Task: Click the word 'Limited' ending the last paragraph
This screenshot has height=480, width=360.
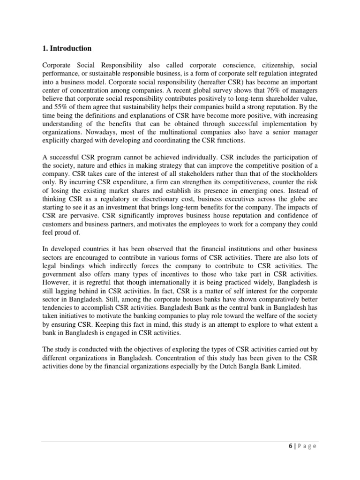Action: (x=286, y=367)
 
